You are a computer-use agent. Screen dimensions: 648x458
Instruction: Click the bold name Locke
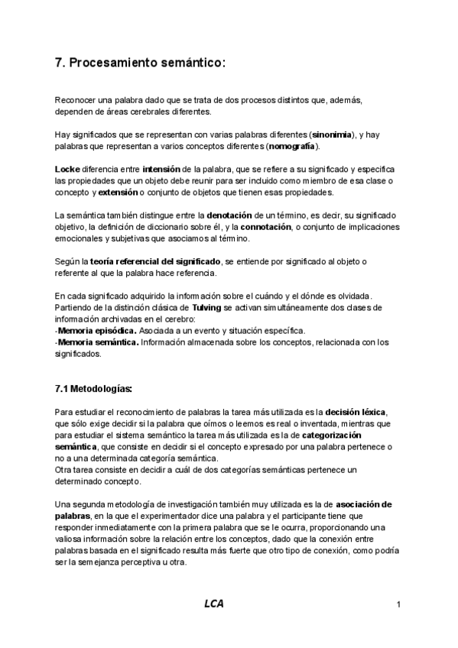69,169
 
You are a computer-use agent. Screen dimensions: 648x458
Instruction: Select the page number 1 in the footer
399,606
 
